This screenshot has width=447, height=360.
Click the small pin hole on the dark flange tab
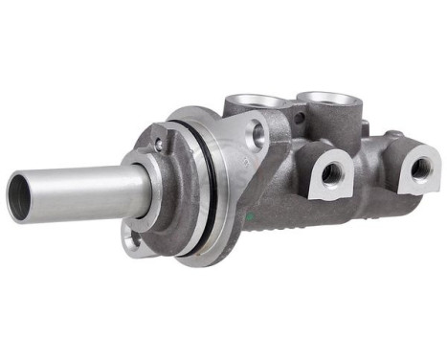click(158, 146)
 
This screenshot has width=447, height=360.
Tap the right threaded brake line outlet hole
click(419, 169)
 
